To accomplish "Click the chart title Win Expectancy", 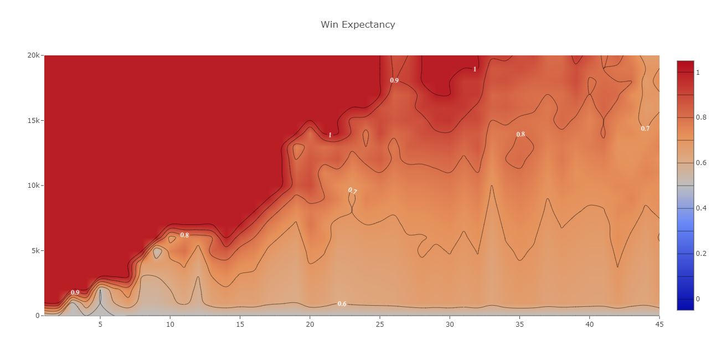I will pyautogui.click(x=358, y=24).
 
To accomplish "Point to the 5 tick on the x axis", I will pyautogui.click(x=100, y=325).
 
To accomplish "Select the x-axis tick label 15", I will pyautogui.click(x=240, y=325).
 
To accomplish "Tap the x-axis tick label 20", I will pyautogui.click(x=310, y=325).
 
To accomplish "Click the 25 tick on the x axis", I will pyautogui.click(x=380, y=325).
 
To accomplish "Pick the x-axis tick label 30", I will pyautogui.click(x=450, y=325).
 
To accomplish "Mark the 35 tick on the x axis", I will pyautogui.click(x=519, y=325).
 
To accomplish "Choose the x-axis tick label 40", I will pyautogui.click(x=590, y=325).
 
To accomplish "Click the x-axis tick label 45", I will pyautogui.click(x=659, y=325).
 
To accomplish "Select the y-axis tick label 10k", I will pyautogui.click(x=33, y=186).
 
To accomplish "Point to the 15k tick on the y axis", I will pyautogui.click(x=33, y=121).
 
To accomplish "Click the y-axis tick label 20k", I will pyautogui.click(x=33, y=55).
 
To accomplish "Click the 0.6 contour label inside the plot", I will pyautogui.click(x=342, y=304).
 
